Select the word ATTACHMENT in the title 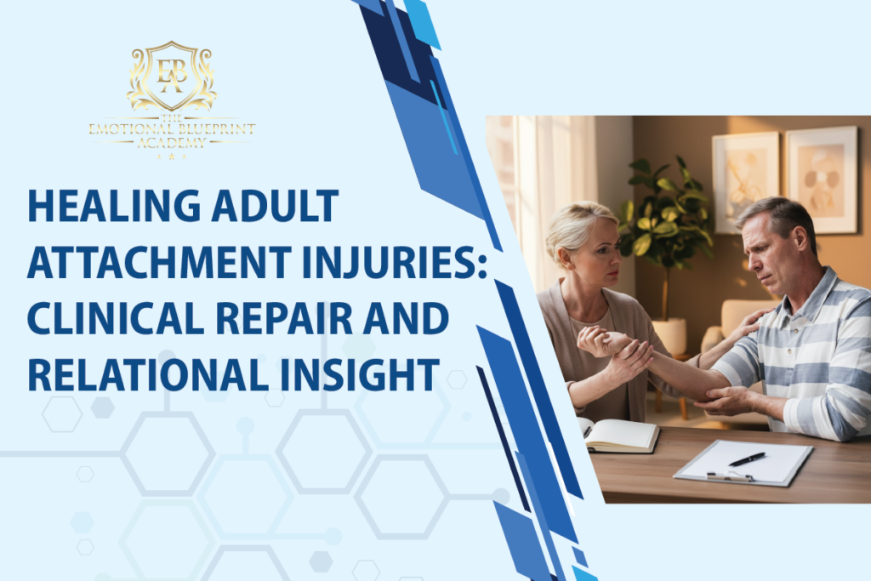pos(159,262)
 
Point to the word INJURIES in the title pos(395,262)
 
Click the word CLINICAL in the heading pos(116,318)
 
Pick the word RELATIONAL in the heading pos(148,375)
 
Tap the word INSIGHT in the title pos(360,375)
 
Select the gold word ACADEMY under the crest pos(172,143)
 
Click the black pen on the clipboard pos(747,459)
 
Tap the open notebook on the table pos(619,435)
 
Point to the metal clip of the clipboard pos(729,476)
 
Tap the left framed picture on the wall pos(746,182)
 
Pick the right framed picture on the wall pos(822,179)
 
